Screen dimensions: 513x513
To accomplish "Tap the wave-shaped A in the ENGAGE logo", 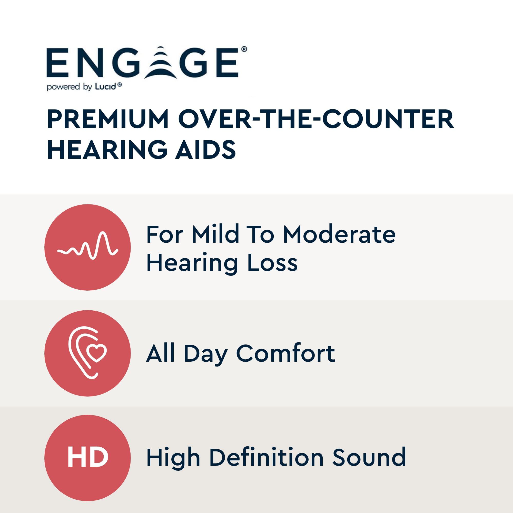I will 163,63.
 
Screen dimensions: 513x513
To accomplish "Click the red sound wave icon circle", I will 88,248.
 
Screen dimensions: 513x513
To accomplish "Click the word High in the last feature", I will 173,458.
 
